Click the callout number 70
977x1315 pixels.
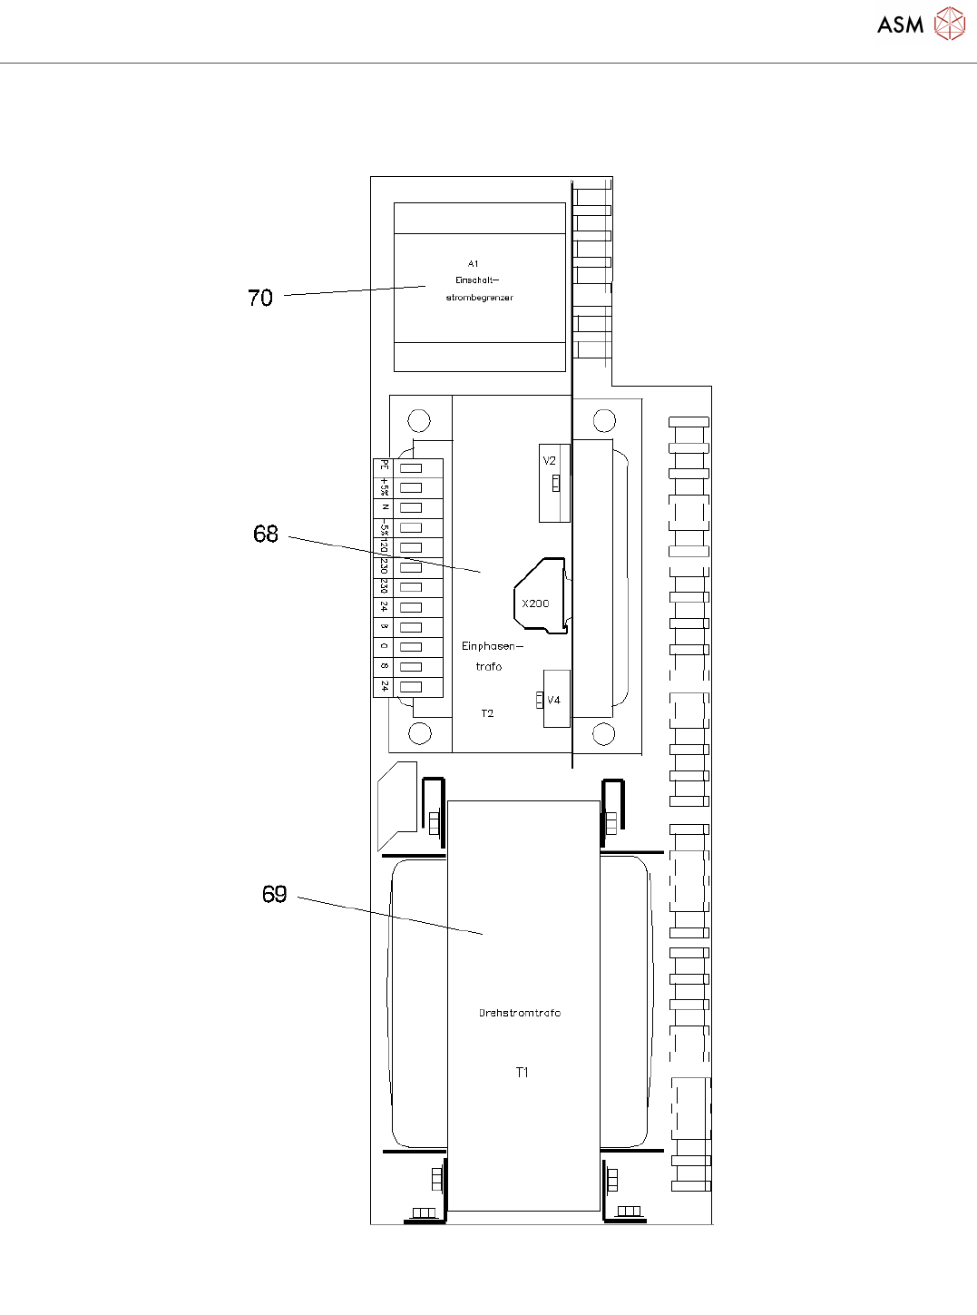[260, 298]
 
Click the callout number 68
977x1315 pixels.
[266, 534]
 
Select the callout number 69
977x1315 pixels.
[274, 895]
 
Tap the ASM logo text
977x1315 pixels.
[900, 25]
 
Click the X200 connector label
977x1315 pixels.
[535, 604]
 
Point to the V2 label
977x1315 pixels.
[550, 461]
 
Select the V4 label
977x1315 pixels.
[553, 701]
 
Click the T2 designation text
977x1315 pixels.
[487, 713]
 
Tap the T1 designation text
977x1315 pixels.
[522, 1073]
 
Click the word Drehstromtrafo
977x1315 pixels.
[520, 1013]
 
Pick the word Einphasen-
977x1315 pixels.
[492, 646]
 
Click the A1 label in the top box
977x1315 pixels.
[474, 264]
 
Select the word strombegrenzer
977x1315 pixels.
[479, 298]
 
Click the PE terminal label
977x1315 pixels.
[385, 466]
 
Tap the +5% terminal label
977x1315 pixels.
[385, 487]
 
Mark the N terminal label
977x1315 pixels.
[385, 507]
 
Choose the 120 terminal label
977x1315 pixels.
[385, 547]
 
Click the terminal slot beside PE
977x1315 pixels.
[411, 468]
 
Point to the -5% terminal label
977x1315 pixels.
[385, 527]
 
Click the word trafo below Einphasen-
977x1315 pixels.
[488, 667]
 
